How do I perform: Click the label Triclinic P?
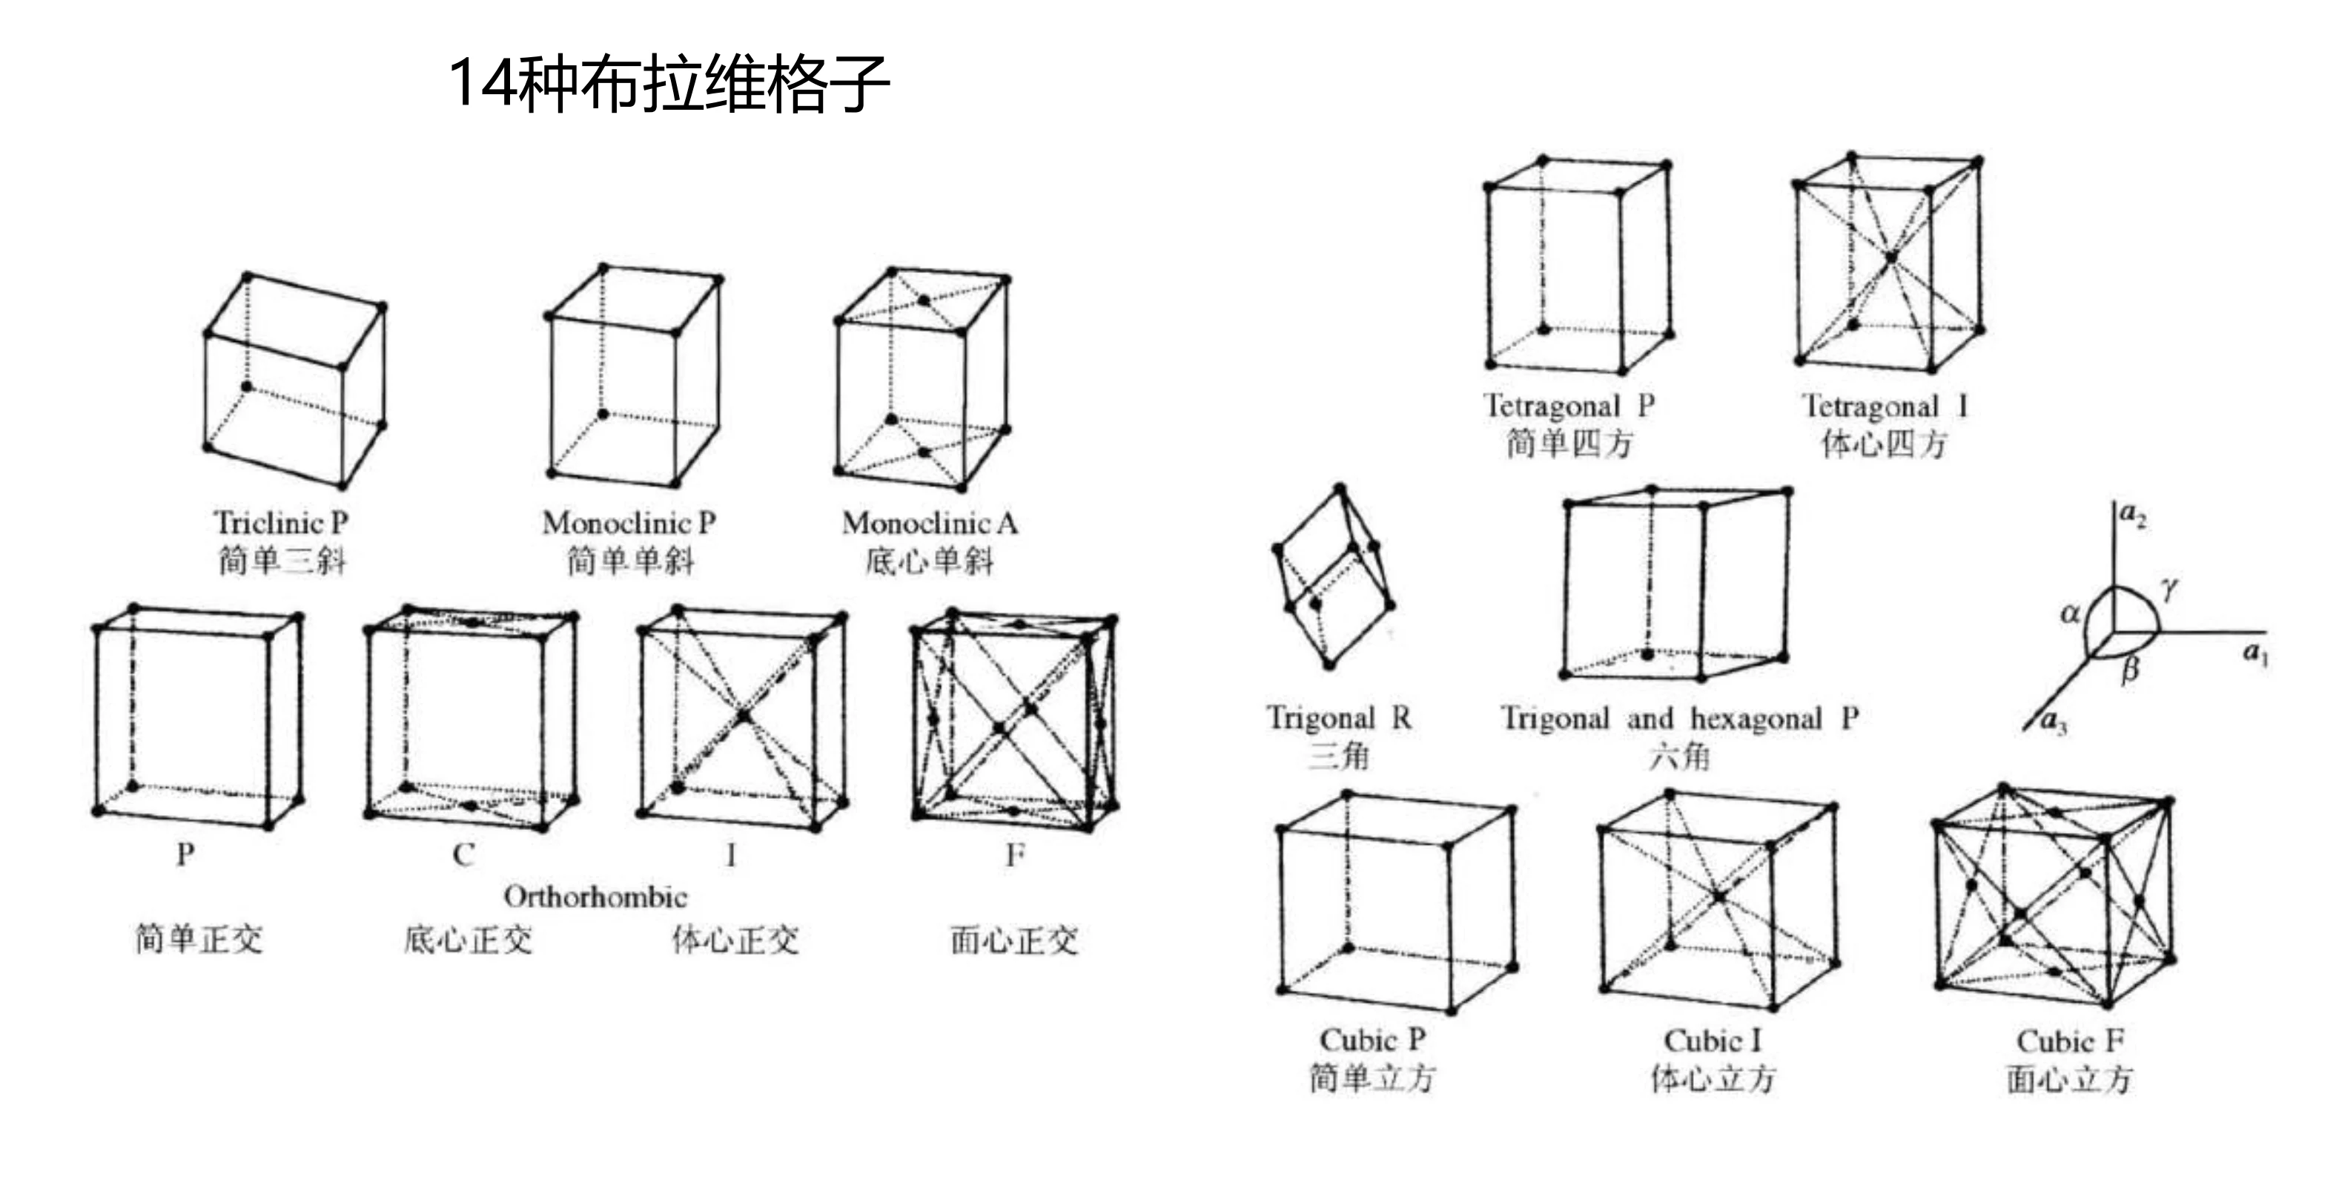point(280,522)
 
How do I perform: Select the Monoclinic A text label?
point(929,522)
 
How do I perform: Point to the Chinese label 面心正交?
point(1013,940)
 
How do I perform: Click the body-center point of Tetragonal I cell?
point(1890,258)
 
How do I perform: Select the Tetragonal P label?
point(1569,405)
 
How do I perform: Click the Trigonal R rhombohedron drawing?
point(1333,576)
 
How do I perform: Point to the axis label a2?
point(2132,515)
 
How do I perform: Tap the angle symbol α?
point(2069,614)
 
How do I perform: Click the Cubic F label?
point(2070,1041)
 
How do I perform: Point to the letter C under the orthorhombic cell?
point(463,854)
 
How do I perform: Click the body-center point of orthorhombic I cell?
point(744,716)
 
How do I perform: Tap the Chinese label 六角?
point(1679,756)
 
